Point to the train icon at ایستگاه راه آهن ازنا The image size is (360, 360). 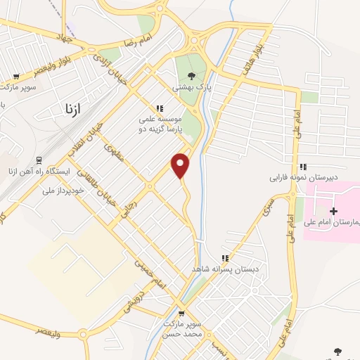[39, 161]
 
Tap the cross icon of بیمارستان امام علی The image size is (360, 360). [334, 211]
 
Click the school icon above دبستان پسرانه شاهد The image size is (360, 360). [225, 258]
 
